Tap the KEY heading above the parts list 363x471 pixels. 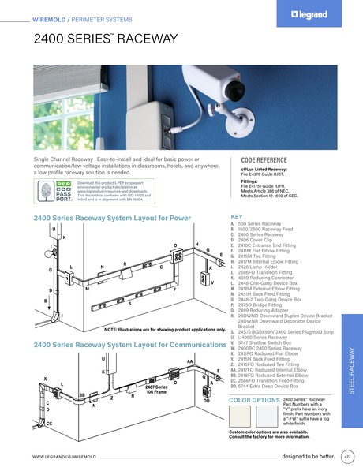click(235, 215)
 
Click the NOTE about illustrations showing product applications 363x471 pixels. click(159, 328)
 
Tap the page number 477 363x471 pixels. click(347, 456)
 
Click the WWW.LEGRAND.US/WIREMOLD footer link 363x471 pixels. click(64, 457)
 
